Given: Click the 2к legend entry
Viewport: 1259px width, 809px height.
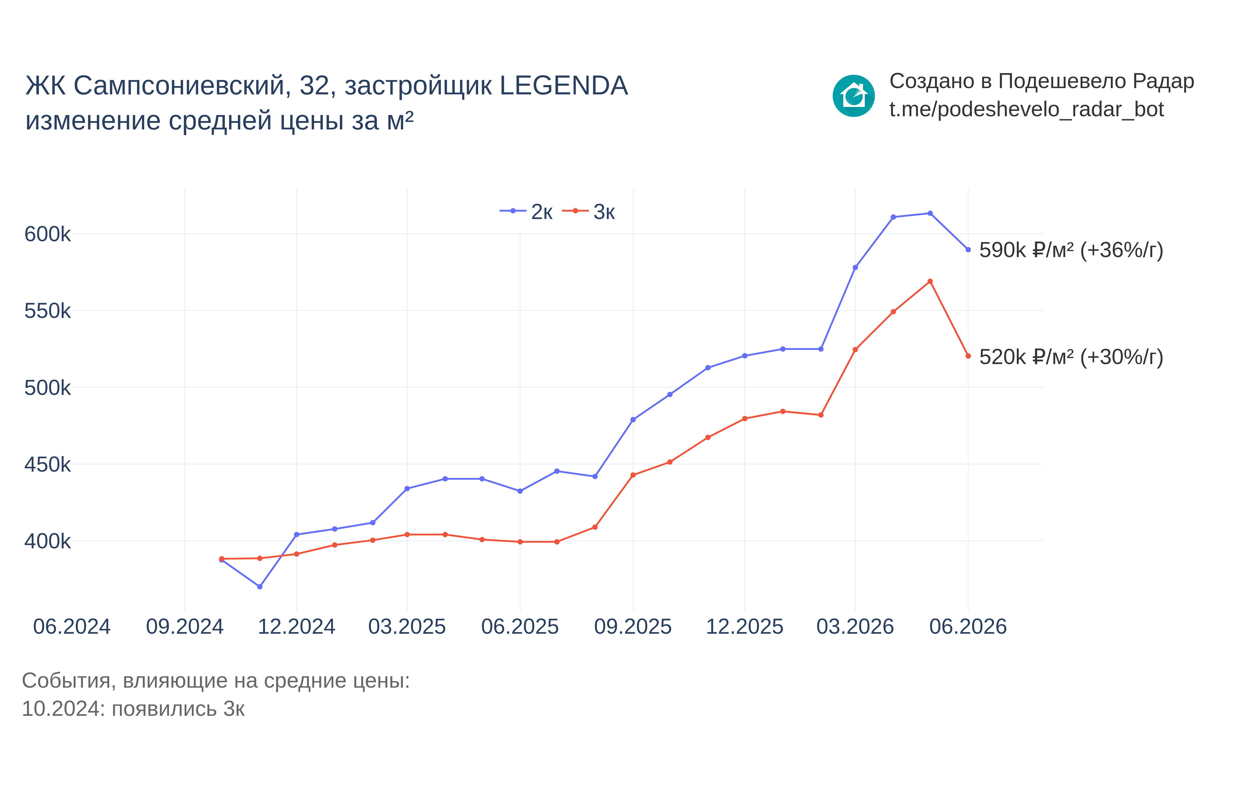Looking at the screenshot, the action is coord(526,211).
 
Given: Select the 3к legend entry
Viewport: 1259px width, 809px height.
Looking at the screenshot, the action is coord(588,211).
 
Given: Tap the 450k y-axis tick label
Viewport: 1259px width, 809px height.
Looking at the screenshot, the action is coord(47,464).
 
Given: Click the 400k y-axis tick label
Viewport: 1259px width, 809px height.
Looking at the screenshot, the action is coord(47,541).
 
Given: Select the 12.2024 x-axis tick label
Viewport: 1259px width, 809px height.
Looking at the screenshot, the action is coord(296,627).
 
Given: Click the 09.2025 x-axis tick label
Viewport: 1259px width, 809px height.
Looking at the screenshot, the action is coord(633,627).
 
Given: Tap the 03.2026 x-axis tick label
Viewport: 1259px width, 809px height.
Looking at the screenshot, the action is coord(855,627).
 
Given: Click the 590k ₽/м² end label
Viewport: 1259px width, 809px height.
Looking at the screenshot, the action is coord(1071,250).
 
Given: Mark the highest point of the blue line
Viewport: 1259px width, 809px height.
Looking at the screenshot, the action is coord(930,213).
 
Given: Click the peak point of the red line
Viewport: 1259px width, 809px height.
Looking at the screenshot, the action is coord(930,282).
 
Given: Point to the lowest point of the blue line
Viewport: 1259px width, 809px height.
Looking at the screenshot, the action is coord(260,586).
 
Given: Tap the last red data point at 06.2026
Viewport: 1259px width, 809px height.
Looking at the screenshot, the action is coord(968,356).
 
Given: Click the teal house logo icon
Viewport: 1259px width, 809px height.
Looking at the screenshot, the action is coord(853,96).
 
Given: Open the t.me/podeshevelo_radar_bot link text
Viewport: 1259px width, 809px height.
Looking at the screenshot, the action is coord(1026,110).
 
